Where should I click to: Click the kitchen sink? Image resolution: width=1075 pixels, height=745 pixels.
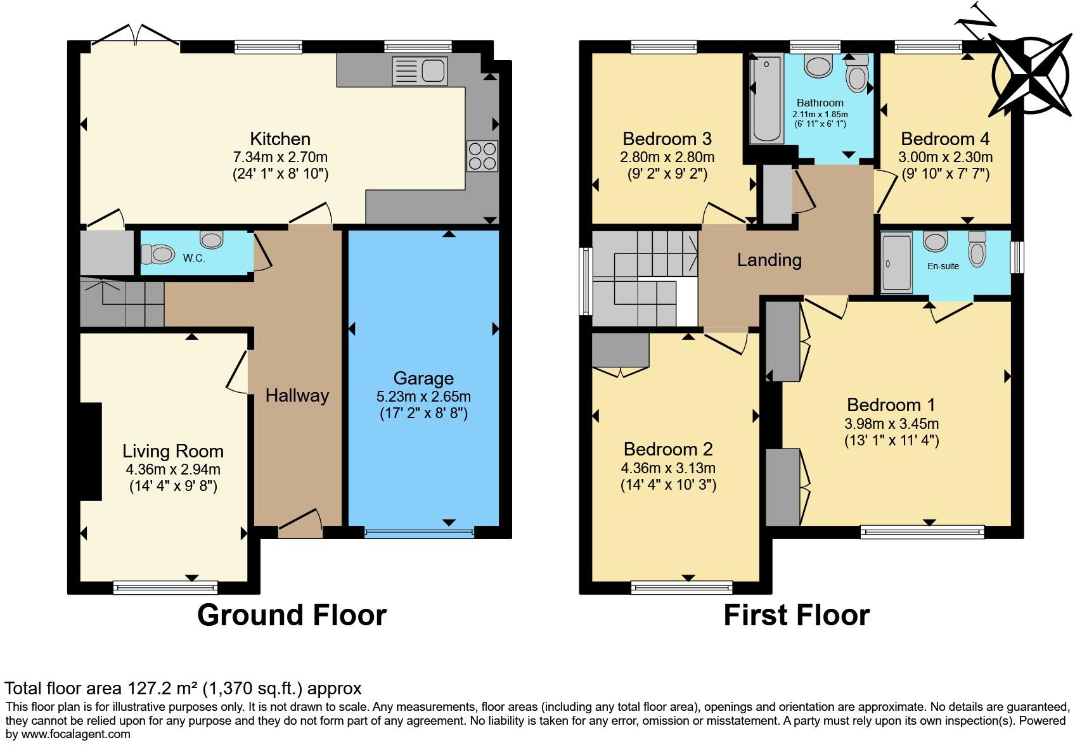point(420,70)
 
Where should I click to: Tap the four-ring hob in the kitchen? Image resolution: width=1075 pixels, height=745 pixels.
point(482,156)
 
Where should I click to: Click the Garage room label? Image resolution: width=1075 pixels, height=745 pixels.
point(423,378)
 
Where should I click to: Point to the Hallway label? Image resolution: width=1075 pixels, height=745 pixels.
point(297,395)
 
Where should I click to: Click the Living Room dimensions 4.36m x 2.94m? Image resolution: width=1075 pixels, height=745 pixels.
point(173,469)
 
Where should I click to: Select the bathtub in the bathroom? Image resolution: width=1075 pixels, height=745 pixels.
point(767,99)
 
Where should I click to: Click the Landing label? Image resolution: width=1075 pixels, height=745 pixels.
point(769,260)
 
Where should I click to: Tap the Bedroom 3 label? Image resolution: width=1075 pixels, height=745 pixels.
point(667,139)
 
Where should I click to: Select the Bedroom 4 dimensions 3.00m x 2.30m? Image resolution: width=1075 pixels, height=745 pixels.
point(945,156)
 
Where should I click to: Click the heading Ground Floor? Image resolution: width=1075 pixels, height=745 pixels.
point(292,615)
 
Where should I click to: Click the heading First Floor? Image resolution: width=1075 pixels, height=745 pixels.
point(796,615)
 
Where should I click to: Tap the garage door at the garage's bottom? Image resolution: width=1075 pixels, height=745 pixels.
point(420,532)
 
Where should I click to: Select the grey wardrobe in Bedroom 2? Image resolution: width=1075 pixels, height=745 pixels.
point(620,350)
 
